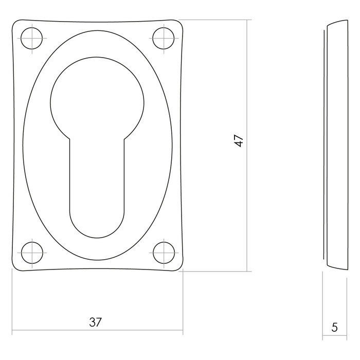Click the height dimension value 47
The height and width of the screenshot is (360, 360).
coord(238,141)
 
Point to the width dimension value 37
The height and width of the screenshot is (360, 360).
coord(96,322)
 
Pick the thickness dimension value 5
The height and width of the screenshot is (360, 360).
coord(335,327)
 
